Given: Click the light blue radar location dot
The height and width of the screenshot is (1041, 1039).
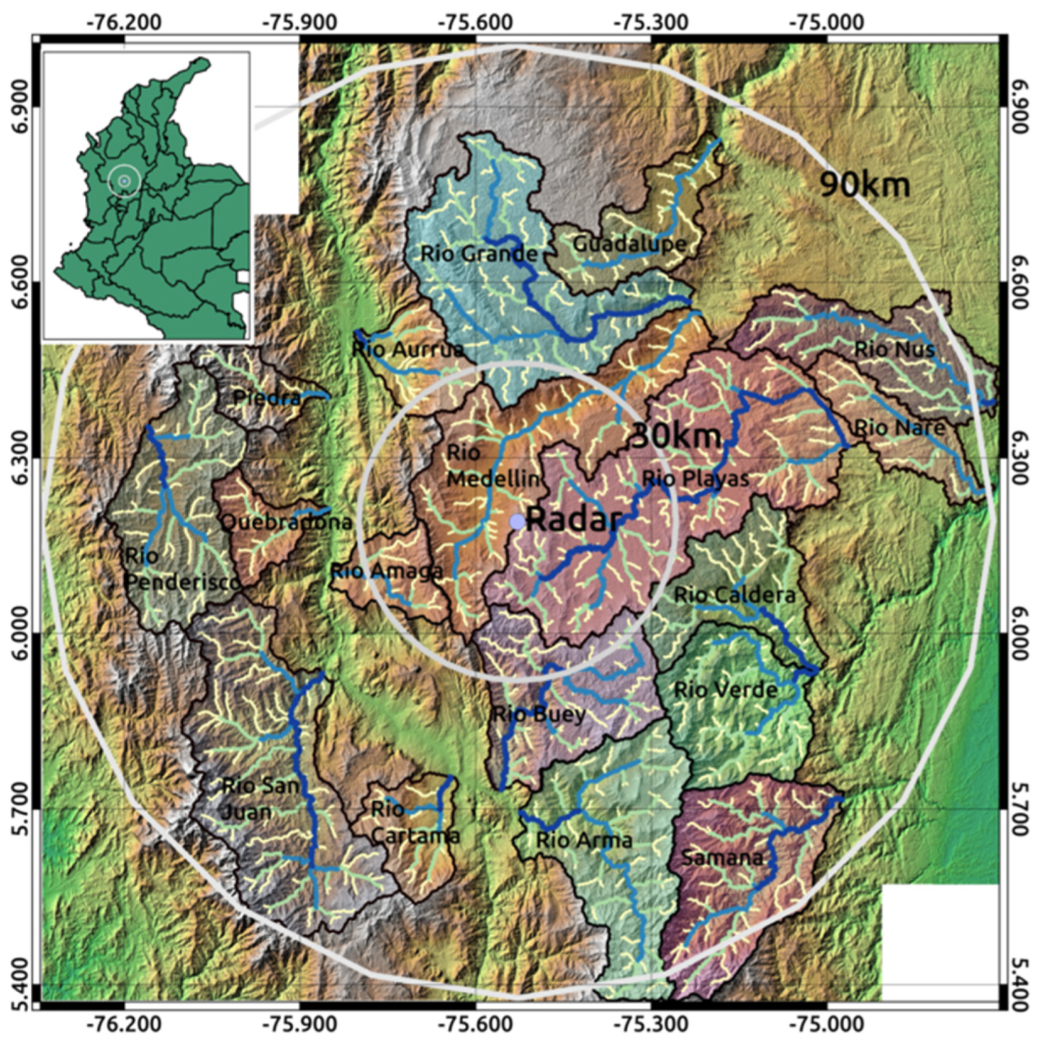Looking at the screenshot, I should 517,522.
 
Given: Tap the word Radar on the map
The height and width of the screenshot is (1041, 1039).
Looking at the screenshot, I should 574,519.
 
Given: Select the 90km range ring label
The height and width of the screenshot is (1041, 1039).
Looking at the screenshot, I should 865,184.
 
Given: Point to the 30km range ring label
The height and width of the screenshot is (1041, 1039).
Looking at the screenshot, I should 676,436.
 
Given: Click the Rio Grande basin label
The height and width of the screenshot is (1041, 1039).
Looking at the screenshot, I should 479,254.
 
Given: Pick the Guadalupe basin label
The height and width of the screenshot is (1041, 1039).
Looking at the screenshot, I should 630,244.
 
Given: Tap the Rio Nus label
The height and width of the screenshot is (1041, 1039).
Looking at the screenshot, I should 895,348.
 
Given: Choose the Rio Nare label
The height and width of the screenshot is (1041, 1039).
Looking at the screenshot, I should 899,426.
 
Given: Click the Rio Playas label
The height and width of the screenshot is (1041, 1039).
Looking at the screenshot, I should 695,479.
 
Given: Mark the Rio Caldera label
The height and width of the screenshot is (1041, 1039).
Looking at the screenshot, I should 734,595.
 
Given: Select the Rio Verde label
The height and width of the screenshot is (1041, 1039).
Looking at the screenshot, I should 726,690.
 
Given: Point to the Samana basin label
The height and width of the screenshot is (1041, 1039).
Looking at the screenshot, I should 722,857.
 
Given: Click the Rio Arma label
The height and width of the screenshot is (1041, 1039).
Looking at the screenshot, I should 584,840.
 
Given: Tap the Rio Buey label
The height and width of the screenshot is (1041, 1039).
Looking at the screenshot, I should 539,714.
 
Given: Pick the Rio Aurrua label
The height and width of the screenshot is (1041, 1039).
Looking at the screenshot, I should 407,348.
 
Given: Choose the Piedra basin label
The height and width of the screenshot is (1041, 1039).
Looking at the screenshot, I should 267,397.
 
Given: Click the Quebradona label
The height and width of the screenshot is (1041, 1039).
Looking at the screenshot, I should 286,522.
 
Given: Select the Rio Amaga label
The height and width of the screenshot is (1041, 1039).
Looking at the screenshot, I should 386,571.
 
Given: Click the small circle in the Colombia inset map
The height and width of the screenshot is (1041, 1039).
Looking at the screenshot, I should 124,181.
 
